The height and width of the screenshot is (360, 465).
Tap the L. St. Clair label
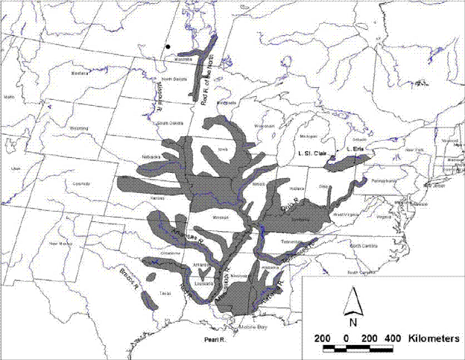pos(313,154)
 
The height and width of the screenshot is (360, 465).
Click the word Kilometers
pos(433,338)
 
